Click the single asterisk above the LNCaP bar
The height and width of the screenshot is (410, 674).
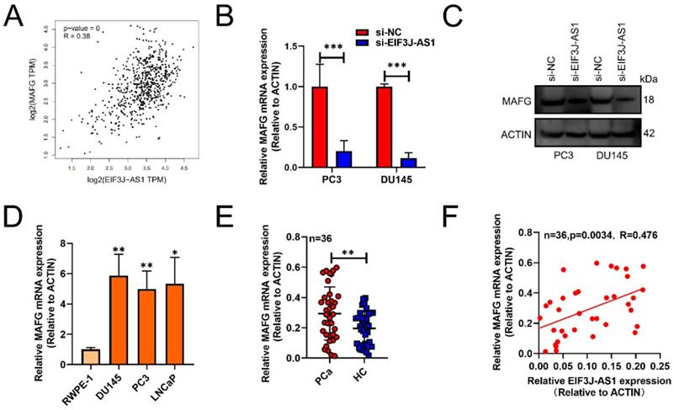point(175,251)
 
